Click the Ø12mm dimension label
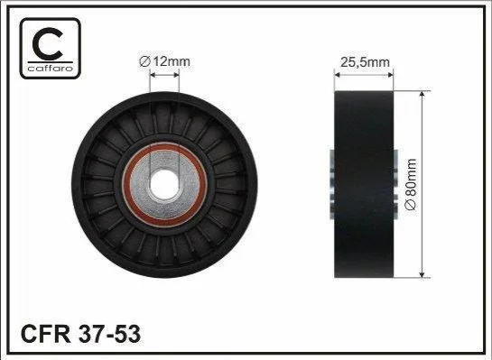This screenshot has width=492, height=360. click(164, 61)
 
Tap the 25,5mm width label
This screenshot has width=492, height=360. click(365, 62)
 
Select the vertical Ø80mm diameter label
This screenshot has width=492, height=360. click(411, 184)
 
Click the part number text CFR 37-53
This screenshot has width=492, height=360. click(80, 334)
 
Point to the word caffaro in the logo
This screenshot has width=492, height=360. click(51, 68)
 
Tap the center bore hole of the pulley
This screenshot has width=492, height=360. click(164, 184)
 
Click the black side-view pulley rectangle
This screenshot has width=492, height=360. click(364, 184)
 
